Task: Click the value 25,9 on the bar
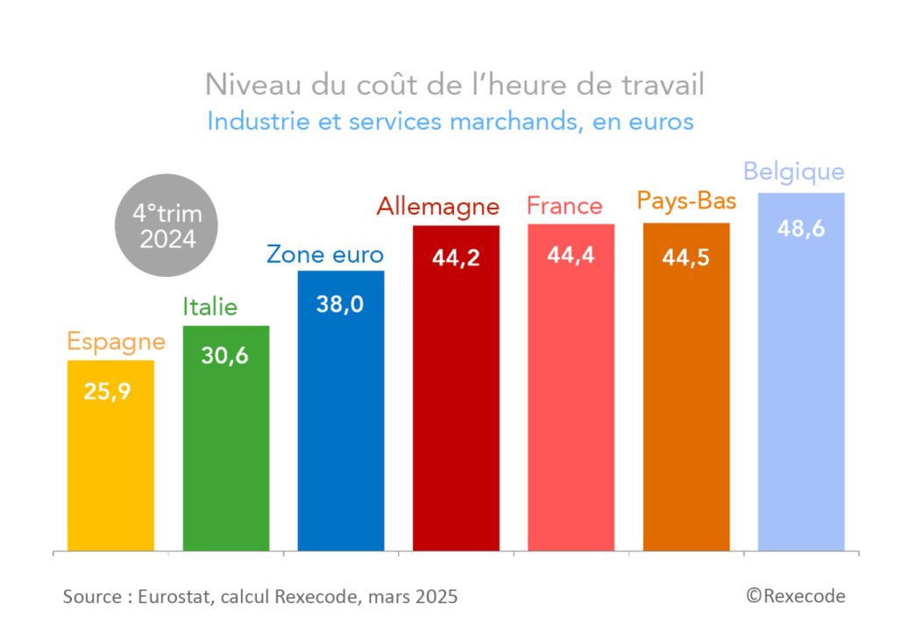[107, 391]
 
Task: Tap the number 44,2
[456, 259]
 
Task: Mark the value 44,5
[686, 258]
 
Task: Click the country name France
[564, 206]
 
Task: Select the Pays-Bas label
[686, 202]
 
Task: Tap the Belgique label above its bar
[793, 172]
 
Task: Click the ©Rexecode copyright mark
[796, 596]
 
